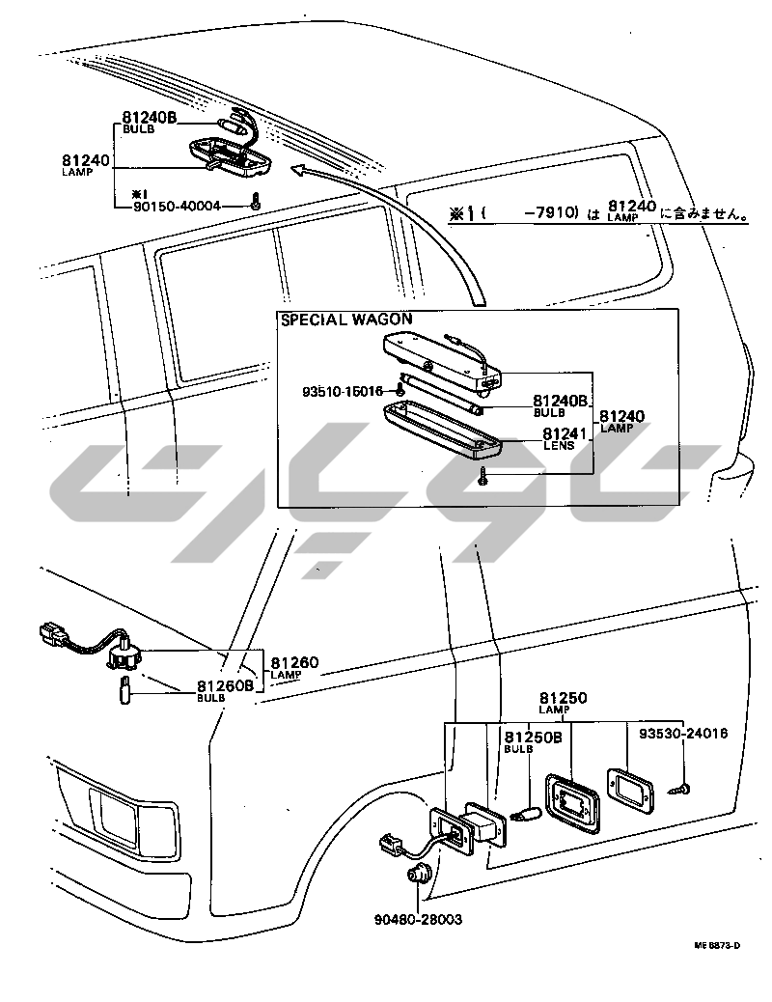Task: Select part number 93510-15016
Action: point(343,391)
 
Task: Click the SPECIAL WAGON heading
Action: point(346,320)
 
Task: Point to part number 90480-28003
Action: point(419,919)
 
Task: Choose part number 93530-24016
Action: point(683,733)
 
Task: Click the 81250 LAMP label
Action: point(564,702)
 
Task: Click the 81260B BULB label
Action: point(225,690)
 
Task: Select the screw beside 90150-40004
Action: point(255,202)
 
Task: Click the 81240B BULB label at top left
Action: point(149,121)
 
